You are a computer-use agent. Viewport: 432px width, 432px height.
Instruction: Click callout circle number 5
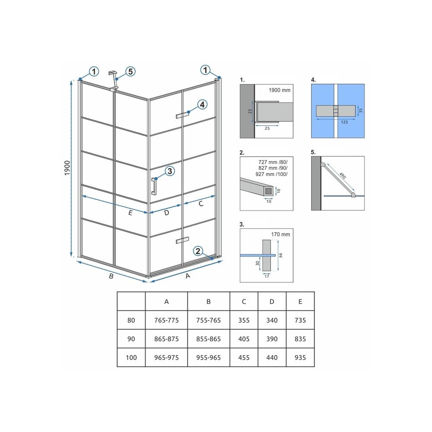point(130,71)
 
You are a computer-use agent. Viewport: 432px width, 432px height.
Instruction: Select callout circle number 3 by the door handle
point(170,172)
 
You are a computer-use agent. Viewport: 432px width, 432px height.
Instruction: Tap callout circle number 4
point(203,105)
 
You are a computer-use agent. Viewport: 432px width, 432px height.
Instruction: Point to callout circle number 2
point(198,251)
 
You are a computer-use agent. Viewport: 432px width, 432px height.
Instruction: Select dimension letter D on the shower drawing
point(166,213)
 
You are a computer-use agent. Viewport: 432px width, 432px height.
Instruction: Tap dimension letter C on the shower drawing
point(201,204)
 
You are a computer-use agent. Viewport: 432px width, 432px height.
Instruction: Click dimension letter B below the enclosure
point(111,277)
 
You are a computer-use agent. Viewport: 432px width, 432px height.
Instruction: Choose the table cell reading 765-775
point(166,321)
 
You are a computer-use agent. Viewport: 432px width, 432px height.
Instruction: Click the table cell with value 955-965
point(208,358)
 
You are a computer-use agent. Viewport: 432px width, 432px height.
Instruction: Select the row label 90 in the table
point(131,339)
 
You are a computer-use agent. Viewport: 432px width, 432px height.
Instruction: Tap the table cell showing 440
point(272,358)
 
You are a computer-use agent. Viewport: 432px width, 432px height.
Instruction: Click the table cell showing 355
point(244,321)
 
